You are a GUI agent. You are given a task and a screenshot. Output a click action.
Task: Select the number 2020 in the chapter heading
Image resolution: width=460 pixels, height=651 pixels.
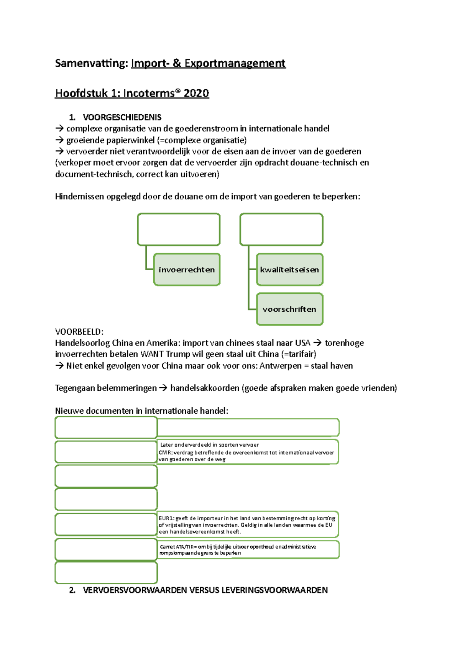tap(196, 93)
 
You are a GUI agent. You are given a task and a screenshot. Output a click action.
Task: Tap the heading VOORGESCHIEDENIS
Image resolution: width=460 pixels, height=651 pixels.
tap(122, 117)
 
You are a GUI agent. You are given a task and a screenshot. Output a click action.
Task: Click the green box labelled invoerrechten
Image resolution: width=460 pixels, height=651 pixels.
tap(187, 270)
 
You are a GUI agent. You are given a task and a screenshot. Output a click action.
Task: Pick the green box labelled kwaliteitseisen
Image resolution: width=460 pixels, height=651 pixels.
tap(289, 270)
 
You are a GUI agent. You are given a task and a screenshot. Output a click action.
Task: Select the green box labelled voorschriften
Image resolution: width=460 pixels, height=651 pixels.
tap(289, 309)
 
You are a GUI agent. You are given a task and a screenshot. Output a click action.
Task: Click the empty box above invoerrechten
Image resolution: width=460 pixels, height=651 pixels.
tap(179, 229)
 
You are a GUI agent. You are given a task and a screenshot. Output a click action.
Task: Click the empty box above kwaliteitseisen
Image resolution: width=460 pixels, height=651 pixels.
tap(281, 229)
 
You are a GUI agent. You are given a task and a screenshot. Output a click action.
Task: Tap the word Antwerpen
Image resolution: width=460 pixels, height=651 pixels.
tap(281, 366)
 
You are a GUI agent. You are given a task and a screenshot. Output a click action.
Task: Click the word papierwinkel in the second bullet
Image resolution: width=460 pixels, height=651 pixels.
tap(132, 140)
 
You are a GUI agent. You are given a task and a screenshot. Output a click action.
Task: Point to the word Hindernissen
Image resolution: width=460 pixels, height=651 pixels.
tap(79, 197)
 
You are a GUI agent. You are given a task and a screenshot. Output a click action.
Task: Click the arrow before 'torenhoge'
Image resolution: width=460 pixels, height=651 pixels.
tap(317, 343)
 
